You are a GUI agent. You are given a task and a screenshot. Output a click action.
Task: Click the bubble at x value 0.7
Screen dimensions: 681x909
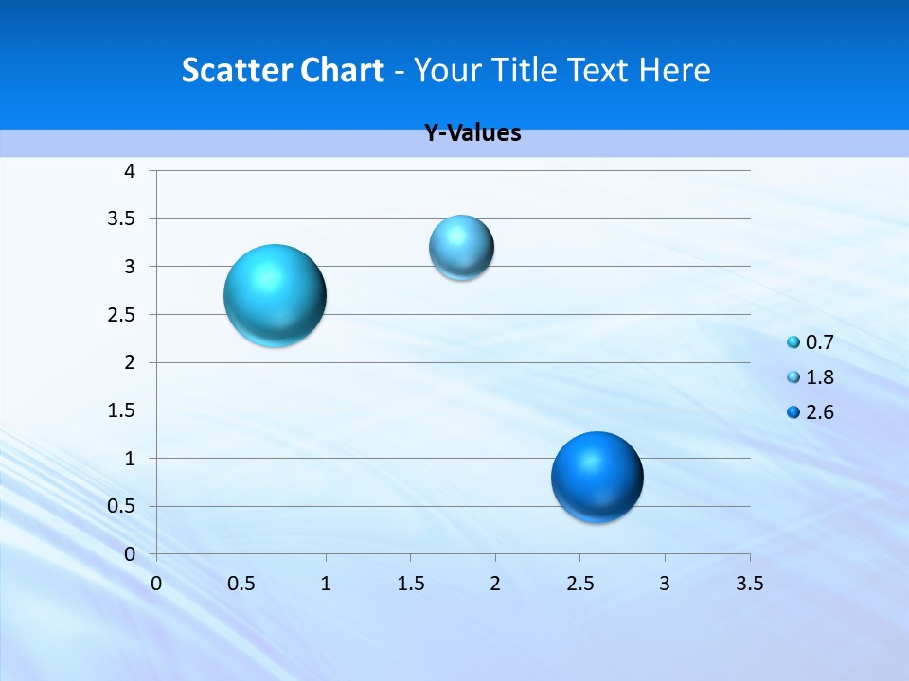click(275, 295)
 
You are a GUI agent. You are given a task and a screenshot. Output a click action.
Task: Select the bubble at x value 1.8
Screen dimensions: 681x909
click(461, 248)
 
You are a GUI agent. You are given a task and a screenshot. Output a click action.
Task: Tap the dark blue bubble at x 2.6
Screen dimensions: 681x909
click(597, 477)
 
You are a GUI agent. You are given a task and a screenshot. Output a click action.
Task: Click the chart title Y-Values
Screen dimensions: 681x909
click(472, 133)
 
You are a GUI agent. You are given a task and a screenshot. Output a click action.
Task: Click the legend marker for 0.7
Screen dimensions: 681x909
click(793, 342)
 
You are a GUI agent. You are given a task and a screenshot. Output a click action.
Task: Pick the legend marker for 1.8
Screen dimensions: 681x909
click(793, 377)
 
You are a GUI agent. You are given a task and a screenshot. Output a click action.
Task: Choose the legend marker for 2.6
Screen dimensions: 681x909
click(793, 412)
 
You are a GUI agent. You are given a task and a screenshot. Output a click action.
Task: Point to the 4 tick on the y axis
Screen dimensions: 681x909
click(130, 171)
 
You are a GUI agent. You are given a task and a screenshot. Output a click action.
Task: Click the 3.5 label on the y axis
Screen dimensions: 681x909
click(121, 219)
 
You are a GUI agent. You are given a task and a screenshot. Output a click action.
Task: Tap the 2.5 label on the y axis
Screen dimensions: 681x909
click(121, 315)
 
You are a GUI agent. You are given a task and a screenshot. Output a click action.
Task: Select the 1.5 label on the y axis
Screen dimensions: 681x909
click(121, 410)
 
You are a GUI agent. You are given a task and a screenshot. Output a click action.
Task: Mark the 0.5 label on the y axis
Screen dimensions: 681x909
click(121, 506)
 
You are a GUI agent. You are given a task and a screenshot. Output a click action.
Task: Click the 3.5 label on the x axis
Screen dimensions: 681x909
click(749, 584)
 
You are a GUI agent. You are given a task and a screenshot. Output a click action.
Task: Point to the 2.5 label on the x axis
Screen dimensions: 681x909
click(579, 584)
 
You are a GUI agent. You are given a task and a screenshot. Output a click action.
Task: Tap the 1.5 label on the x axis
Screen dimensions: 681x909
click(410, 584)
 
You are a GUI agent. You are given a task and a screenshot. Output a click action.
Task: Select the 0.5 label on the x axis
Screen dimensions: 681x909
click(241, 584)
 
